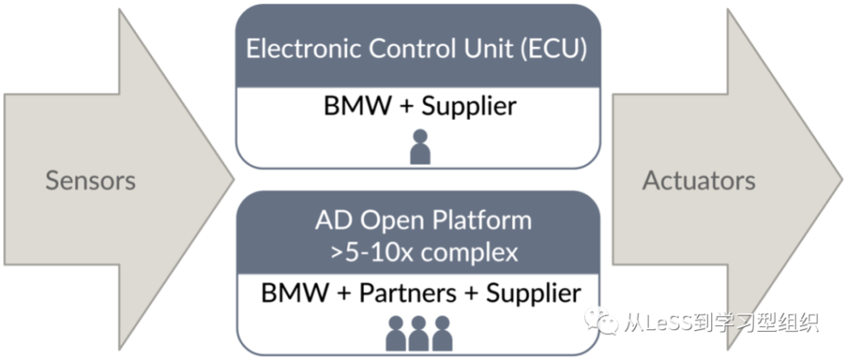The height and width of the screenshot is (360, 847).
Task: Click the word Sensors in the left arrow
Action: [90, 180]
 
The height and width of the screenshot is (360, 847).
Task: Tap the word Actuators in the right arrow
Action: [698, 180]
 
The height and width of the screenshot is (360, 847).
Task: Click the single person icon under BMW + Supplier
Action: [419, 146]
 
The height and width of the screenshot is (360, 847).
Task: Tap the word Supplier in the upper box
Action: [468, 107]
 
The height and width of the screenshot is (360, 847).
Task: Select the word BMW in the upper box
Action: [357, 106]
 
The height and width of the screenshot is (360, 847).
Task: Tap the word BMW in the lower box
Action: [294, 294]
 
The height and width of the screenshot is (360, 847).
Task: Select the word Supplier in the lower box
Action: [534, 295]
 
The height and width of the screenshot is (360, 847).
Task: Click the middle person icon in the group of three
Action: [419, 333]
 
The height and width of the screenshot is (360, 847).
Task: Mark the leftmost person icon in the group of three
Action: [396, 333]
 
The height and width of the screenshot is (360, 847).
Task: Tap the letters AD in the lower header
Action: [331, 221]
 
